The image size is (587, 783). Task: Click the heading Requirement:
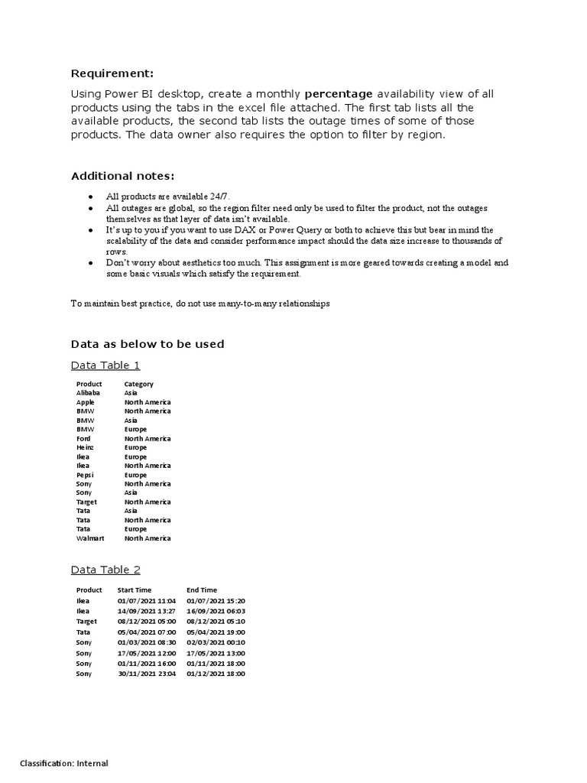pos(112,73)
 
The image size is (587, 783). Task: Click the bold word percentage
pos(338,94)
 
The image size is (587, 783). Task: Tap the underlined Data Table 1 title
pos(105,365)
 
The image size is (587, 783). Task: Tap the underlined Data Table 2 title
pos(105,570)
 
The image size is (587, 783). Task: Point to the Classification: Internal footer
pos(64,763)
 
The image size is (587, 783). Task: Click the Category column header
pos(138,384)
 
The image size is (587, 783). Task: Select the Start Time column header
pos(135,590)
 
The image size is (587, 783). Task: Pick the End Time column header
pos(202,590)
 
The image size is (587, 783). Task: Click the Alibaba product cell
pos(88,393)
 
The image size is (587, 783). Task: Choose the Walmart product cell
pos(89,538)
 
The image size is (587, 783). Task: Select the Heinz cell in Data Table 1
pos(86,447)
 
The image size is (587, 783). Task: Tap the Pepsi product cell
pos(86,475)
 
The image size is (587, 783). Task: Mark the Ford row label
pos(83,438)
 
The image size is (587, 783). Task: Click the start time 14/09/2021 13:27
pos(146,611)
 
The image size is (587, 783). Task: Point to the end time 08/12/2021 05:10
pos(216,622)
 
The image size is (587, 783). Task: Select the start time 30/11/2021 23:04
pos(146,674)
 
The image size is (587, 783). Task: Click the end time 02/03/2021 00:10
pos(216,642)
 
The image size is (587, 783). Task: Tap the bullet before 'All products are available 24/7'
pos(92,197)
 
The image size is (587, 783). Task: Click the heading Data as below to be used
pos(148,344)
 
